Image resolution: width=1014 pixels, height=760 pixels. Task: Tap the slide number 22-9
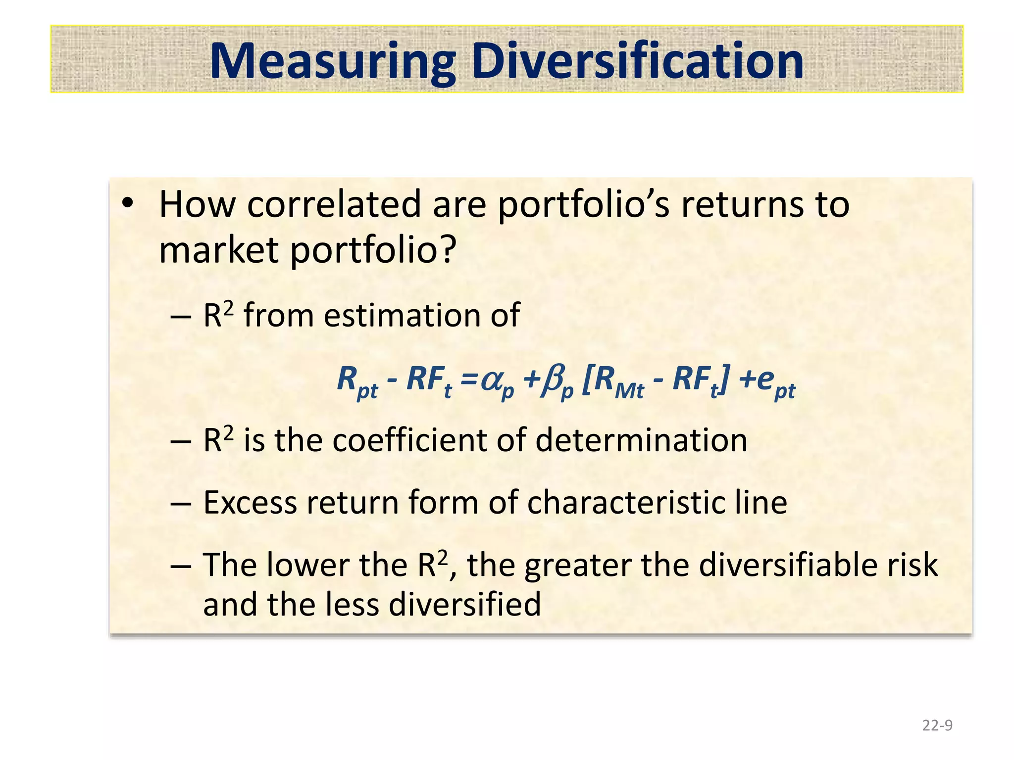click(x=937, y=725)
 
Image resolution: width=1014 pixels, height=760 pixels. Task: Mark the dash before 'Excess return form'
click(x=180, y=503)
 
